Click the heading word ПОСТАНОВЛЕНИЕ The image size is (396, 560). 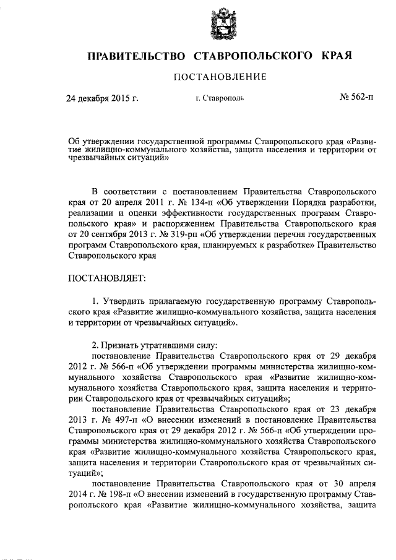pos(220,77)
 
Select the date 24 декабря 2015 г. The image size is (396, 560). pos(102,98)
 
